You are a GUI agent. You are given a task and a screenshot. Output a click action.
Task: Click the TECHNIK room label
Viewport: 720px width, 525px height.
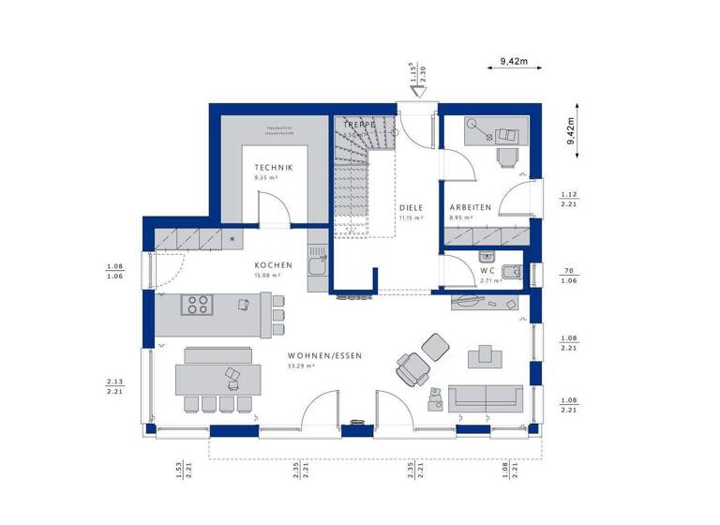click(273, 167)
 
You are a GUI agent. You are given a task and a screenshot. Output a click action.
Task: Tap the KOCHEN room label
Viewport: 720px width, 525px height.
click(273, 265)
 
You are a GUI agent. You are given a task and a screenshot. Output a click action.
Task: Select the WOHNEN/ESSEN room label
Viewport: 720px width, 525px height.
click(324, 356)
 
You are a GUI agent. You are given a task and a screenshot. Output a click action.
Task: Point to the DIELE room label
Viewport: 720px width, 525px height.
click(411, 208)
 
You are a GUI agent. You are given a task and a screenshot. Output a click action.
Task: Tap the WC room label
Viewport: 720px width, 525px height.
click(463, 272)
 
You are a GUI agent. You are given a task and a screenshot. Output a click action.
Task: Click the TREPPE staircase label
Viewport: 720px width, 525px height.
click(359, 125)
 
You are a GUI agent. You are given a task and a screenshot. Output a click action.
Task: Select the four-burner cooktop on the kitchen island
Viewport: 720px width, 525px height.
click(197, 305)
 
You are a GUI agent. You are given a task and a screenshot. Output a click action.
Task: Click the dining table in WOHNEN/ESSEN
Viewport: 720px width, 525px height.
click(218, 380)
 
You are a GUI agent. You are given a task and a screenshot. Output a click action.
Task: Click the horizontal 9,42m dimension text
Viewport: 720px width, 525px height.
click(514, 61)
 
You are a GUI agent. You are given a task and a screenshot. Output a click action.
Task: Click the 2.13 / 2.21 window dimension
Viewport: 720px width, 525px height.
click(115, 386)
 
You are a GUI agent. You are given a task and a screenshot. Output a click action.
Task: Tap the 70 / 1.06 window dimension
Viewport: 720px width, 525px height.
click(568, 276)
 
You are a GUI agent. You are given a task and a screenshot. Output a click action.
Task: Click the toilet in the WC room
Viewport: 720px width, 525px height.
click(512, 272)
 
